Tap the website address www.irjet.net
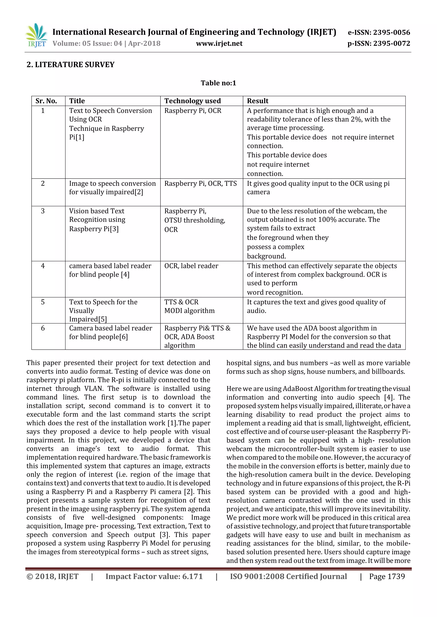click(219, 43)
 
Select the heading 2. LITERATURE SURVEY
click(70, 65)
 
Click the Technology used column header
click(192, 101)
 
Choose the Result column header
click(258, 101)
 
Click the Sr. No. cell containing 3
click(43, 211)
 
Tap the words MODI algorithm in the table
click(189, 311)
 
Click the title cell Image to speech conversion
click(112, 183)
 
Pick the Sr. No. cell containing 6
click(43, 328)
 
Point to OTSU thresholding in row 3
click(195, 220)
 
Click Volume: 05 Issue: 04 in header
click(87, 43)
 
